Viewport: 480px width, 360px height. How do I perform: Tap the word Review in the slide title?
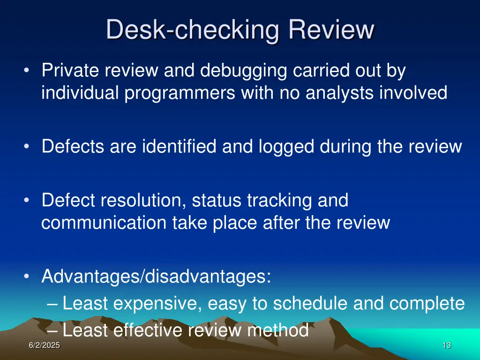pos(331,30)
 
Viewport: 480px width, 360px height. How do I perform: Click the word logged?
pos(287,147)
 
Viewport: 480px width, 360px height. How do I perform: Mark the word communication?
pos(104,222)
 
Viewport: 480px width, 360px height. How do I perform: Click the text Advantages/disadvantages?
pos(156,276)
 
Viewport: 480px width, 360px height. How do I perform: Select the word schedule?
pos(310,303)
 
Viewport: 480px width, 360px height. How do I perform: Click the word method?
pos(277,330)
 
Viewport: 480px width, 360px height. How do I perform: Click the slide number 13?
pos(446,345)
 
